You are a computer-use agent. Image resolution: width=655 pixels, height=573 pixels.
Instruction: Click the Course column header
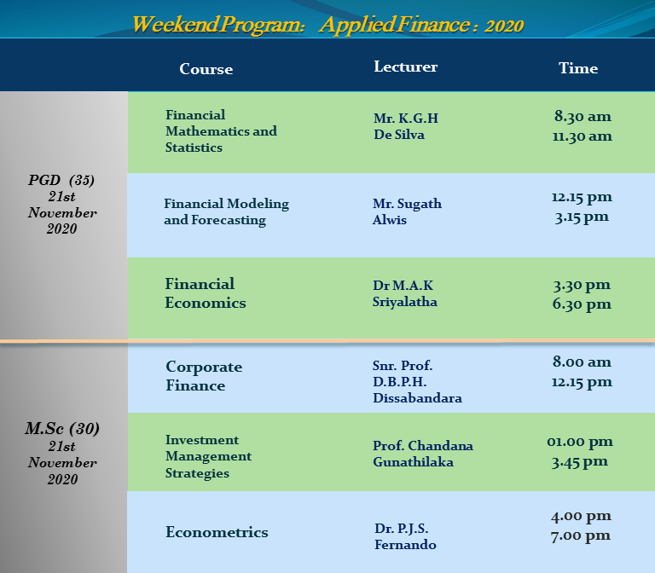(206, 69)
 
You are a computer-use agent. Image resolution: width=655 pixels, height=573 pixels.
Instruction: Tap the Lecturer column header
(405, 67)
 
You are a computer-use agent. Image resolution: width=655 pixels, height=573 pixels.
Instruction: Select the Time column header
(578, 68)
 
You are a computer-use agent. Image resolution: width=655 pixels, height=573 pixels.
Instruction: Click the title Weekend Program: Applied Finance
(327, 24)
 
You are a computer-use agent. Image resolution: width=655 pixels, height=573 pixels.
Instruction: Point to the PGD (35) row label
(61, 180)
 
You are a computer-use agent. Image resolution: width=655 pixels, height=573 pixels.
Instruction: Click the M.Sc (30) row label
(61, 429)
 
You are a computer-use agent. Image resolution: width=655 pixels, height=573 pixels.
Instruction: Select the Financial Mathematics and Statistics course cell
(221, 130)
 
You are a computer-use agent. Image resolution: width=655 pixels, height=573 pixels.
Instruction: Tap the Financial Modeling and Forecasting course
(226, 211)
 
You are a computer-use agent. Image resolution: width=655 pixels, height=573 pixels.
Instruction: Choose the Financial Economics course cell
(205, 293)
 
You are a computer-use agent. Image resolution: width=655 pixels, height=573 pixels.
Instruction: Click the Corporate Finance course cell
(204, 376)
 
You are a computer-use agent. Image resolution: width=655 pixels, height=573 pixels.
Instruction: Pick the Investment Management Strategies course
(208, 456)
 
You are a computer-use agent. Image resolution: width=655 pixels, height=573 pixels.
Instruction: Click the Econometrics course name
(217, 532)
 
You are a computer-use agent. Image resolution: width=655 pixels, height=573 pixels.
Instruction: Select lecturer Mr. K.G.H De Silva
(406, 126)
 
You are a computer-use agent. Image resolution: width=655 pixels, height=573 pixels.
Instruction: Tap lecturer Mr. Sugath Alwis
(407, 211)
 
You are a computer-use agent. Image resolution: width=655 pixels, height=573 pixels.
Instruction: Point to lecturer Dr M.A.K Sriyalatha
(405, 293)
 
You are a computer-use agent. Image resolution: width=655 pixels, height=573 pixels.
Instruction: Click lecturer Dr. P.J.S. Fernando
(405, 536)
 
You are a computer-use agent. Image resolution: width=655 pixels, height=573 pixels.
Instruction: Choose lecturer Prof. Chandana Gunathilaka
(423, 454)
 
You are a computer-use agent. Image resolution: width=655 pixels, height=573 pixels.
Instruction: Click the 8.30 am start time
(583, 116)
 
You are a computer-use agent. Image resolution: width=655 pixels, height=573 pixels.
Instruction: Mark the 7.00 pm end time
(581, 535)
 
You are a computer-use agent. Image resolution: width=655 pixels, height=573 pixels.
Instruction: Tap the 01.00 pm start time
(580, 442)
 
